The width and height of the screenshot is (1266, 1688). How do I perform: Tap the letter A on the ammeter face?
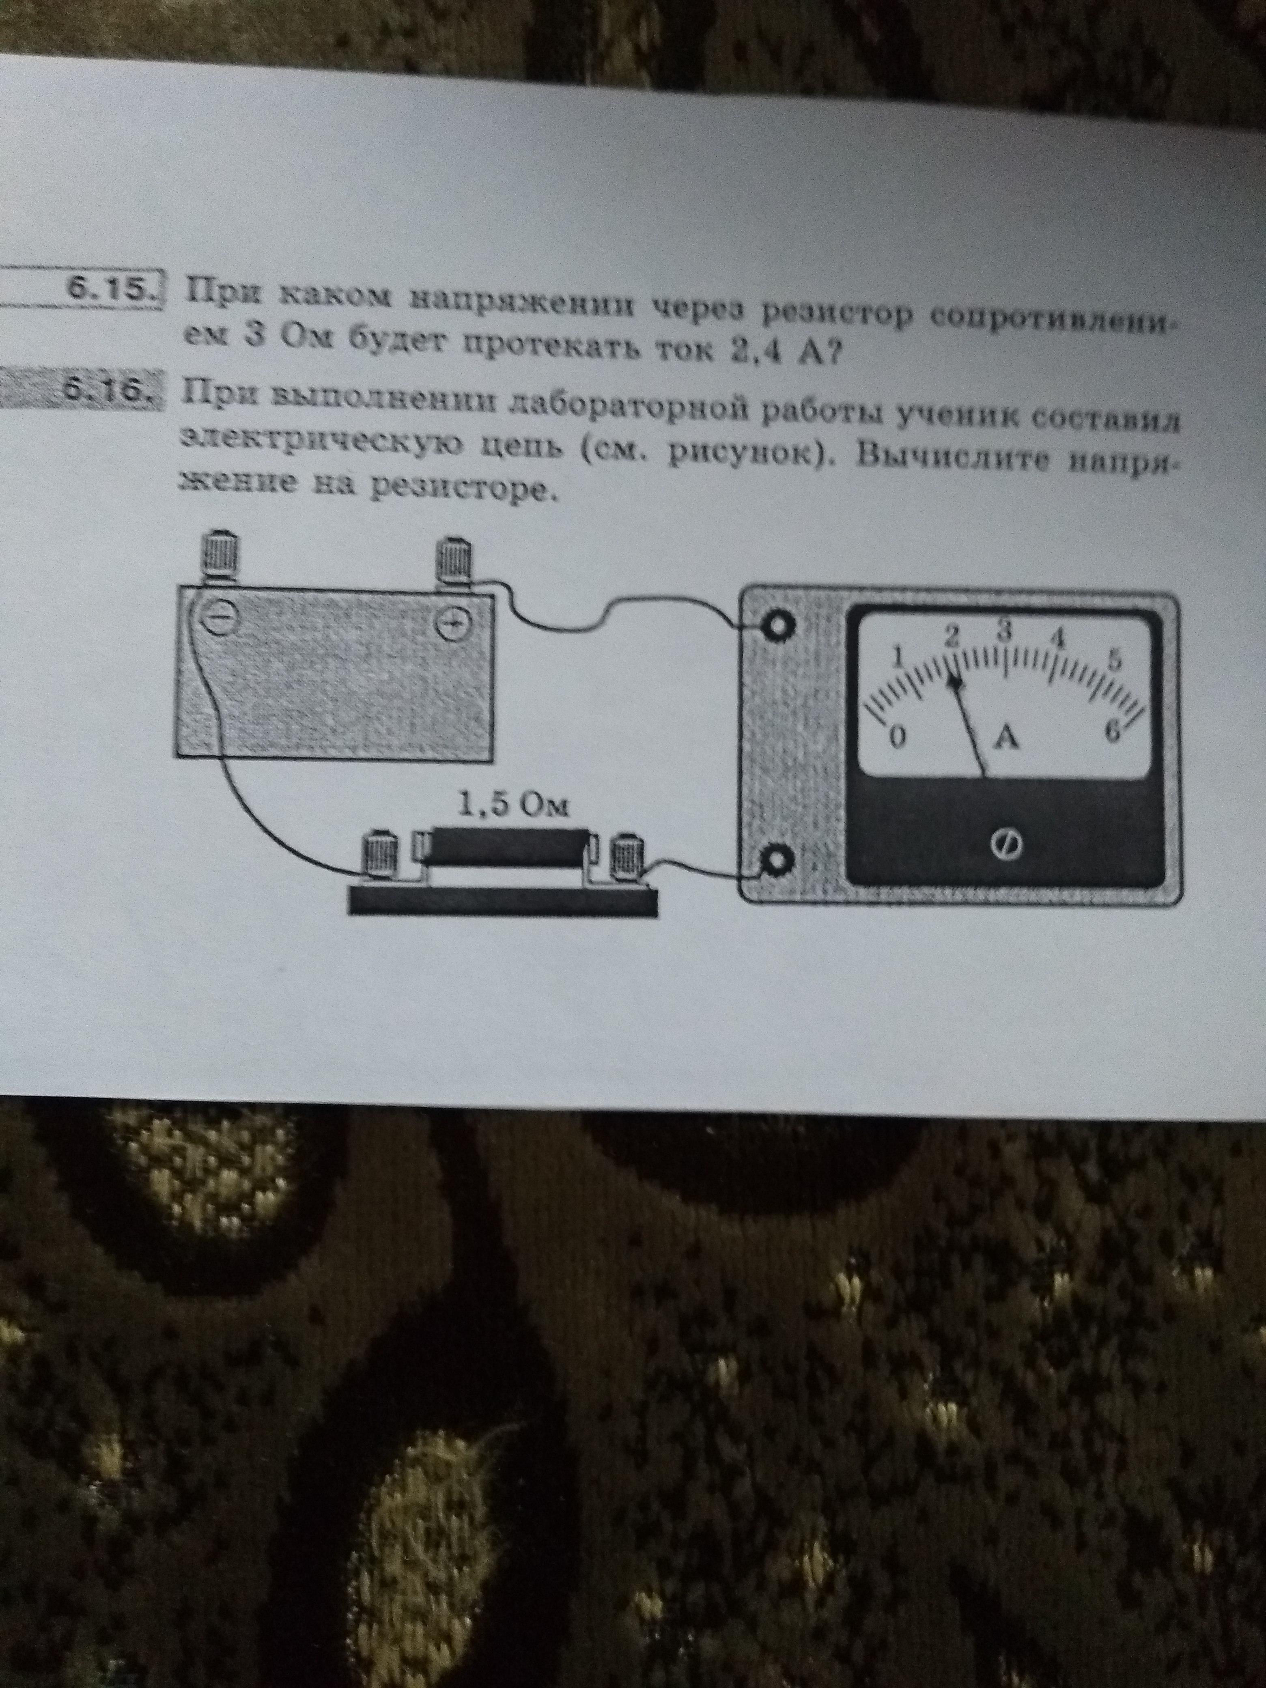click(x=1007, y=737)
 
